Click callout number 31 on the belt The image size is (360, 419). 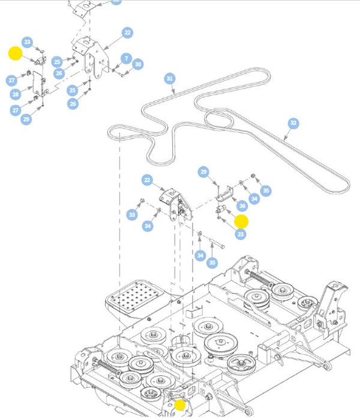[170, 79]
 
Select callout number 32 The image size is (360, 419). [293, 123]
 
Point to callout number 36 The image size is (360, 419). [242, 205]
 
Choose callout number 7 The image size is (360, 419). [125, 58]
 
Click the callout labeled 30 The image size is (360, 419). [138, 64]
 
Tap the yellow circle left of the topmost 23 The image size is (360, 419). [15, 54]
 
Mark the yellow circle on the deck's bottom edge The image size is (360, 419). [180, 405]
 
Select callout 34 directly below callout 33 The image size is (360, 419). [148, 226]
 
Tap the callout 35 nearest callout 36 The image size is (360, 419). [266, 191]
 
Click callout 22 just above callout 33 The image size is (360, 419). [147, 179]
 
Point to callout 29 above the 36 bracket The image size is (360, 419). [203, 172]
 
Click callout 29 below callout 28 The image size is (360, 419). [26, 120]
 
